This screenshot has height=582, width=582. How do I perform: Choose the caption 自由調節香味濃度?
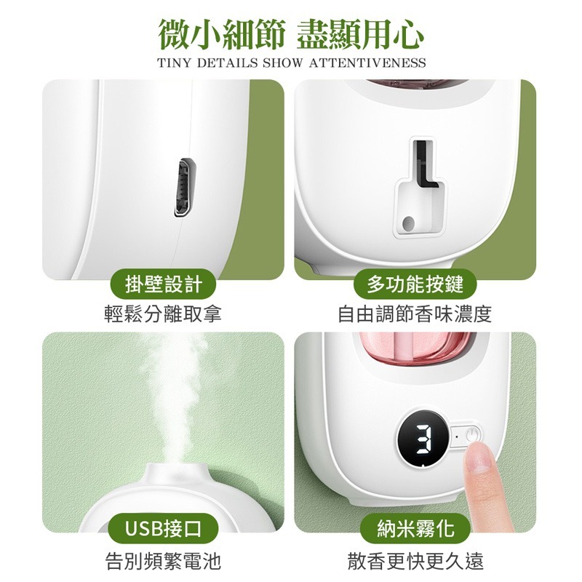pos(415,314)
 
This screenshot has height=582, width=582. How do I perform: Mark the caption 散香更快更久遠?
pos(415,561)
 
